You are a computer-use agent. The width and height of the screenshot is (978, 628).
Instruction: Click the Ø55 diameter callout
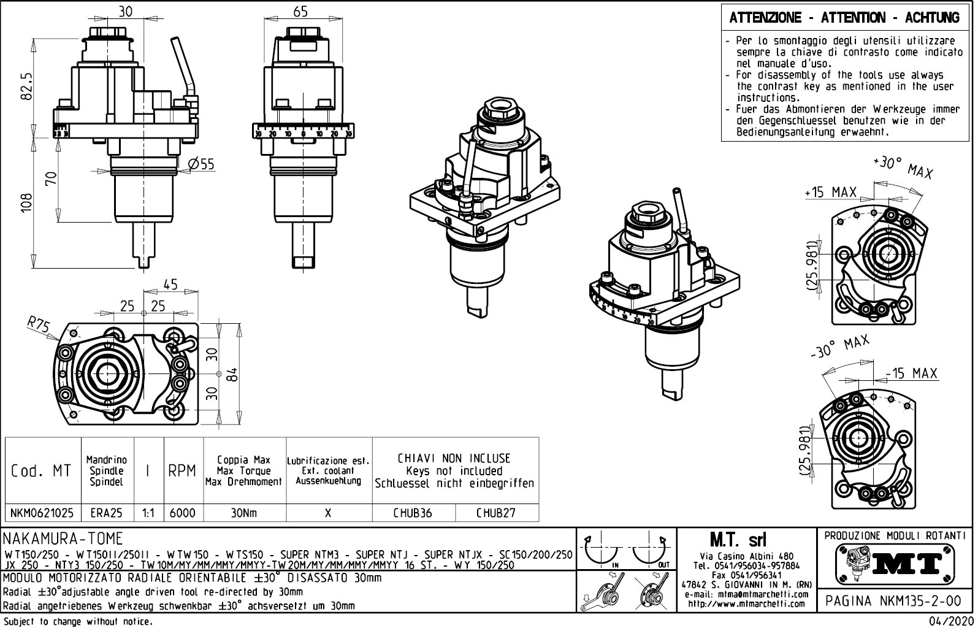201,164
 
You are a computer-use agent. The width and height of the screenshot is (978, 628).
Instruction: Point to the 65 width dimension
300,11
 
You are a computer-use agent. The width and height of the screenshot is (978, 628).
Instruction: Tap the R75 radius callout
38,323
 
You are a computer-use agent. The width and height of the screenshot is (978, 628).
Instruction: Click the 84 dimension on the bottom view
232,373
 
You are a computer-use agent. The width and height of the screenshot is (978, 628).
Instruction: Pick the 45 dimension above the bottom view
170,285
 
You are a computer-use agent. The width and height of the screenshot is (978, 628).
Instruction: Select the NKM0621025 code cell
42,513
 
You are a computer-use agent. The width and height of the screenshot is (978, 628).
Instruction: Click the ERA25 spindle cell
107,513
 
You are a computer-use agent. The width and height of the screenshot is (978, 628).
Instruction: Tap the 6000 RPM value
182,513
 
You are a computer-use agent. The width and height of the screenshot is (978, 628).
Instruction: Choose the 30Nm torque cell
244,513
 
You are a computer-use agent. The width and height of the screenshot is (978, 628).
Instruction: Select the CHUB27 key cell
496,513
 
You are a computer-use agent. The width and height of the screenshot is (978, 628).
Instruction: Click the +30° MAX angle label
902,167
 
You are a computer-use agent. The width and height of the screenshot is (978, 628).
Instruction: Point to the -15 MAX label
911,373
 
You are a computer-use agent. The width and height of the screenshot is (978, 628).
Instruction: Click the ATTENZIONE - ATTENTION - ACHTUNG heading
844,18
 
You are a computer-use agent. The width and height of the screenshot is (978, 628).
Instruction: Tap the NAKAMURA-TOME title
64,538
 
